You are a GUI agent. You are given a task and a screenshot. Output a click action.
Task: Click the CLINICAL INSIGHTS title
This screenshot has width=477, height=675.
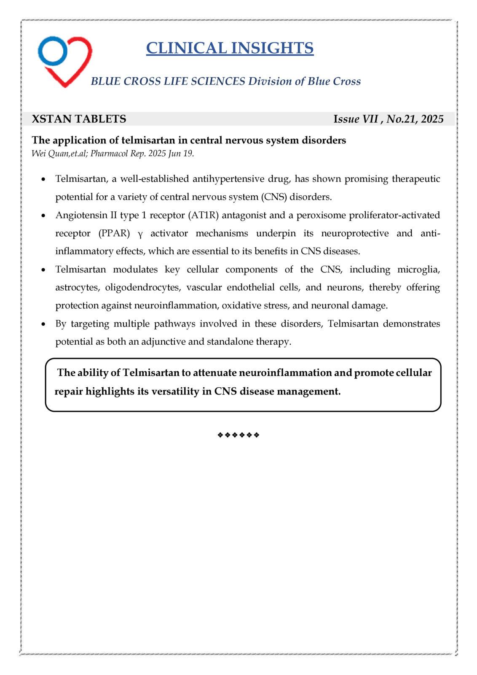pyautogui.click(x=230, y=48)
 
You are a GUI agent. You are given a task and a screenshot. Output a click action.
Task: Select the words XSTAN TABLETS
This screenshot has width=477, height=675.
pyautogui.click(x=79, y=119)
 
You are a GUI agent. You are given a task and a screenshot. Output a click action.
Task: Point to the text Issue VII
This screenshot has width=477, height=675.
pyautogui.click(x=356, y=119)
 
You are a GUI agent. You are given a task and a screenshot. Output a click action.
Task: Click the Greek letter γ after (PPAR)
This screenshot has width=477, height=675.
pyautogui.click(x=140, y=234)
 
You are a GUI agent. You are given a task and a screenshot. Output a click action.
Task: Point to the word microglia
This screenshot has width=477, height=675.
pyautogui.click(x=418, y=270)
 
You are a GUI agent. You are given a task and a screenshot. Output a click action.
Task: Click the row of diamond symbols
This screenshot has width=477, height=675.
pyautogui.click(x=238, y=435)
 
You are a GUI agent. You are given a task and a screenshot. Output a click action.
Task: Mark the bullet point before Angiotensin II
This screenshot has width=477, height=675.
pyautogui.click(x=43, y=216)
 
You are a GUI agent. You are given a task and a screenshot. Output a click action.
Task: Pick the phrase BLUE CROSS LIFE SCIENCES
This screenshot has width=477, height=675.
pyautogui.click(x=168, y=81)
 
